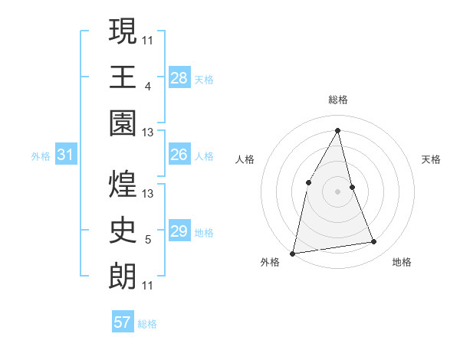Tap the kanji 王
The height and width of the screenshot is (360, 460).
(x=123, y=77)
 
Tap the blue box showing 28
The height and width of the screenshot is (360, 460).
(x=179, y=77)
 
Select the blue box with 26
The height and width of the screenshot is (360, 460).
(x=179, y=155)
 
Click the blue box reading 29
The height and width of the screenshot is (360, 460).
(x=179, y=231)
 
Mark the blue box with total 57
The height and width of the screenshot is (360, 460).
(x=123, y=322)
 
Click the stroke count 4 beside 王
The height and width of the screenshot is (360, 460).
(x=147, y=86)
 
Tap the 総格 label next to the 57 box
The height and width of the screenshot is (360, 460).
(x=147, y=324)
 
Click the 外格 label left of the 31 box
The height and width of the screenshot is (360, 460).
(x=41, y=156)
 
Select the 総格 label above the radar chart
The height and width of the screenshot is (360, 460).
(x=338, y=100)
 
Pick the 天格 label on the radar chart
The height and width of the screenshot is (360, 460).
(x=432, y=159)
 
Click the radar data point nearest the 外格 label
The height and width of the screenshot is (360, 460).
(x=293, y=253)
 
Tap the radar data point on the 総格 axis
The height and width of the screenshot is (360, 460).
(x=338, y=130)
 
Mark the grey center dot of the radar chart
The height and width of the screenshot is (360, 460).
(x=338, y=191)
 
